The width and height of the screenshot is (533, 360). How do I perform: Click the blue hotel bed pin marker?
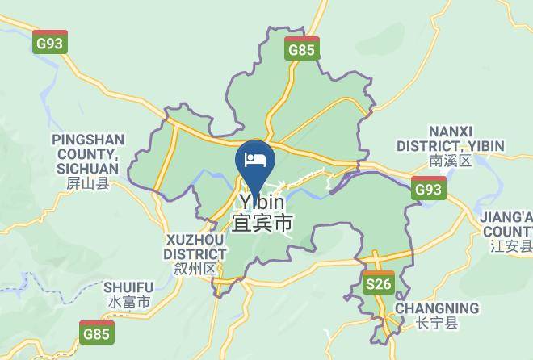255,159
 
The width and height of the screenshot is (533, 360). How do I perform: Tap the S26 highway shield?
378,283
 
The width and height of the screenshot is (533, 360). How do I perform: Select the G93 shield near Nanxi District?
428,189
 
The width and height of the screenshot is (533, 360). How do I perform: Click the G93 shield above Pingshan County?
50,43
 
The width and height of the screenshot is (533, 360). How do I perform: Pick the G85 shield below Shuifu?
97,332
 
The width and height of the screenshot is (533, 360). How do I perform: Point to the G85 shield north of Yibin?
302,50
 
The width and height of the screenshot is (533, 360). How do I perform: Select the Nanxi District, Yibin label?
450,139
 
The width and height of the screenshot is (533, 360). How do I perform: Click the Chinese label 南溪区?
449,161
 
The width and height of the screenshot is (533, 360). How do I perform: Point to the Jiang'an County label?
507,224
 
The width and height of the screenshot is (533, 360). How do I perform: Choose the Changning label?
436,308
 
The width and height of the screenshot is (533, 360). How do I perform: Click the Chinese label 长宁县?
437,324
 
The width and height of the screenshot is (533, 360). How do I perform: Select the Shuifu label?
128,287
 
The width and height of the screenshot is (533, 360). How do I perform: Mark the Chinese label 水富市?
128,303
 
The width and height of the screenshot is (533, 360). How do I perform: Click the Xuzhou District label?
195,247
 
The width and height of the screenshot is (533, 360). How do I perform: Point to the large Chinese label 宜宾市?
262,223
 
